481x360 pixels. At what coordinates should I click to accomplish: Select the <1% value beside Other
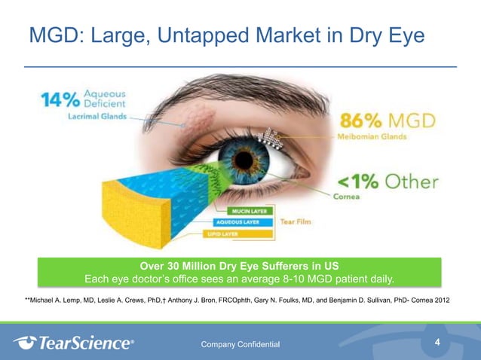pos(357,182)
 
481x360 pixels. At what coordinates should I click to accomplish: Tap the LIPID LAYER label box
pos(225,234)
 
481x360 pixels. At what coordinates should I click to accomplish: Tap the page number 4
pos(438,343)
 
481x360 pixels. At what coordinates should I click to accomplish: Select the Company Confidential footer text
pos(240,344)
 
